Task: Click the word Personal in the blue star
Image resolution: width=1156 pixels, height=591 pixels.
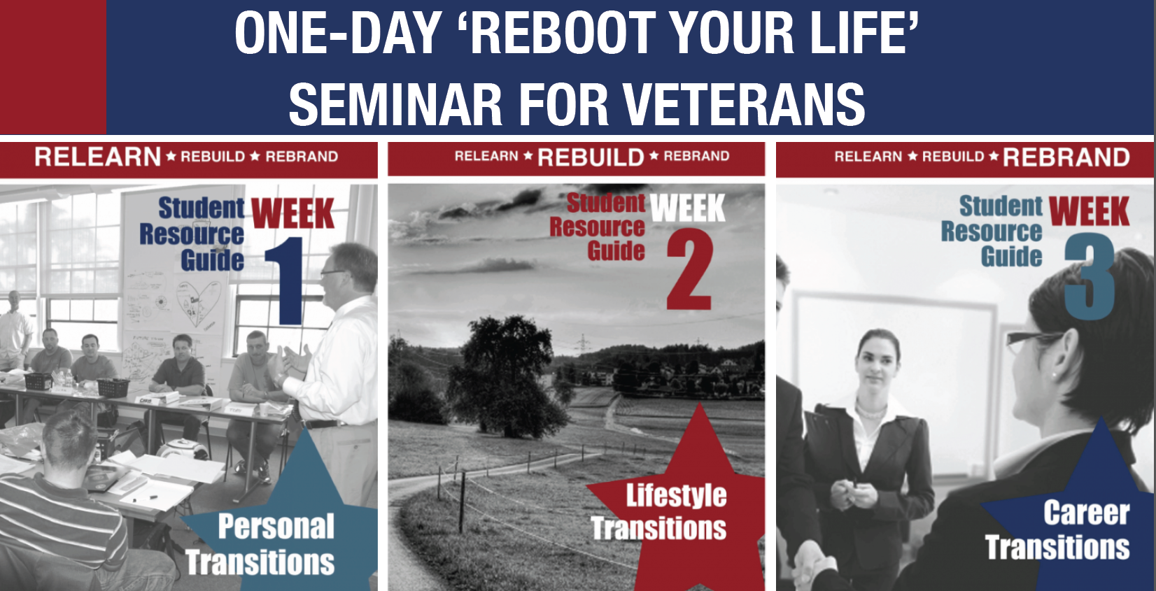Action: point(276,527)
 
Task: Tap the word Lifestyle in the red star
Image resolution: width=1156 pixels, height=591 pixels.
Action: point(676,496)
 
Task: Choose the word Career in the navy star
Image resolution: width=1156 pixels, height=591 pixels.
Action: point(1086,513)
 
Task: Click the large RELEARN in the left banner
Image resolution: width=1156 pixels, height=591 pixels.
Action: point(98,157)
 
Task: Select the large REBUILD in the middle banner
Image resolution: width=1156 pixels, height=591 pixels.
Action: point(591,157)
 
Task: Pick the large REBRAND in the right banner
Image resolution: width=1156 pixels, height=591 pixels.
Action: point(1066,157)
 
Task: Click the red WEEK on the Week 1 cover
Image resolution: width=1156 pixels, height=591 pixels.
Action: point(292,213)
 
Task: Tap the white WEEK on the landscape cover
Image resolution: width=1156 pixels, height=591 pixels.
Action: point(687,208)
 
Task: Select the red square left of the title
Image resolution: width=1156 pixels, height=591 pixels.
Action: point(52,66)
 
